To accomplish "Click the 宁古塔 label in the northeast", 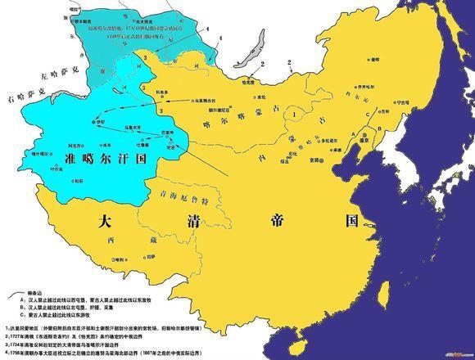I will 424,103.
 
